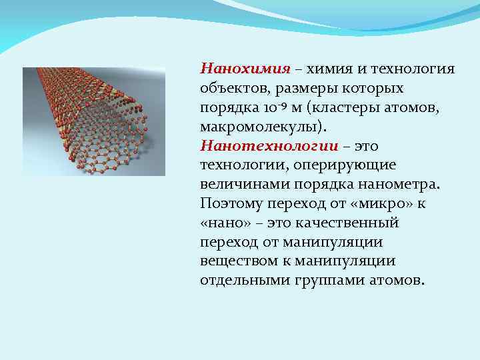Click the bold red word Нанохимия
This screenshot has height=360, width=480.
[x=245, y=69]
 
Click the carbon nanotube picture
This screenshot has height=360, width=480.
[x=94, y=121]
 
